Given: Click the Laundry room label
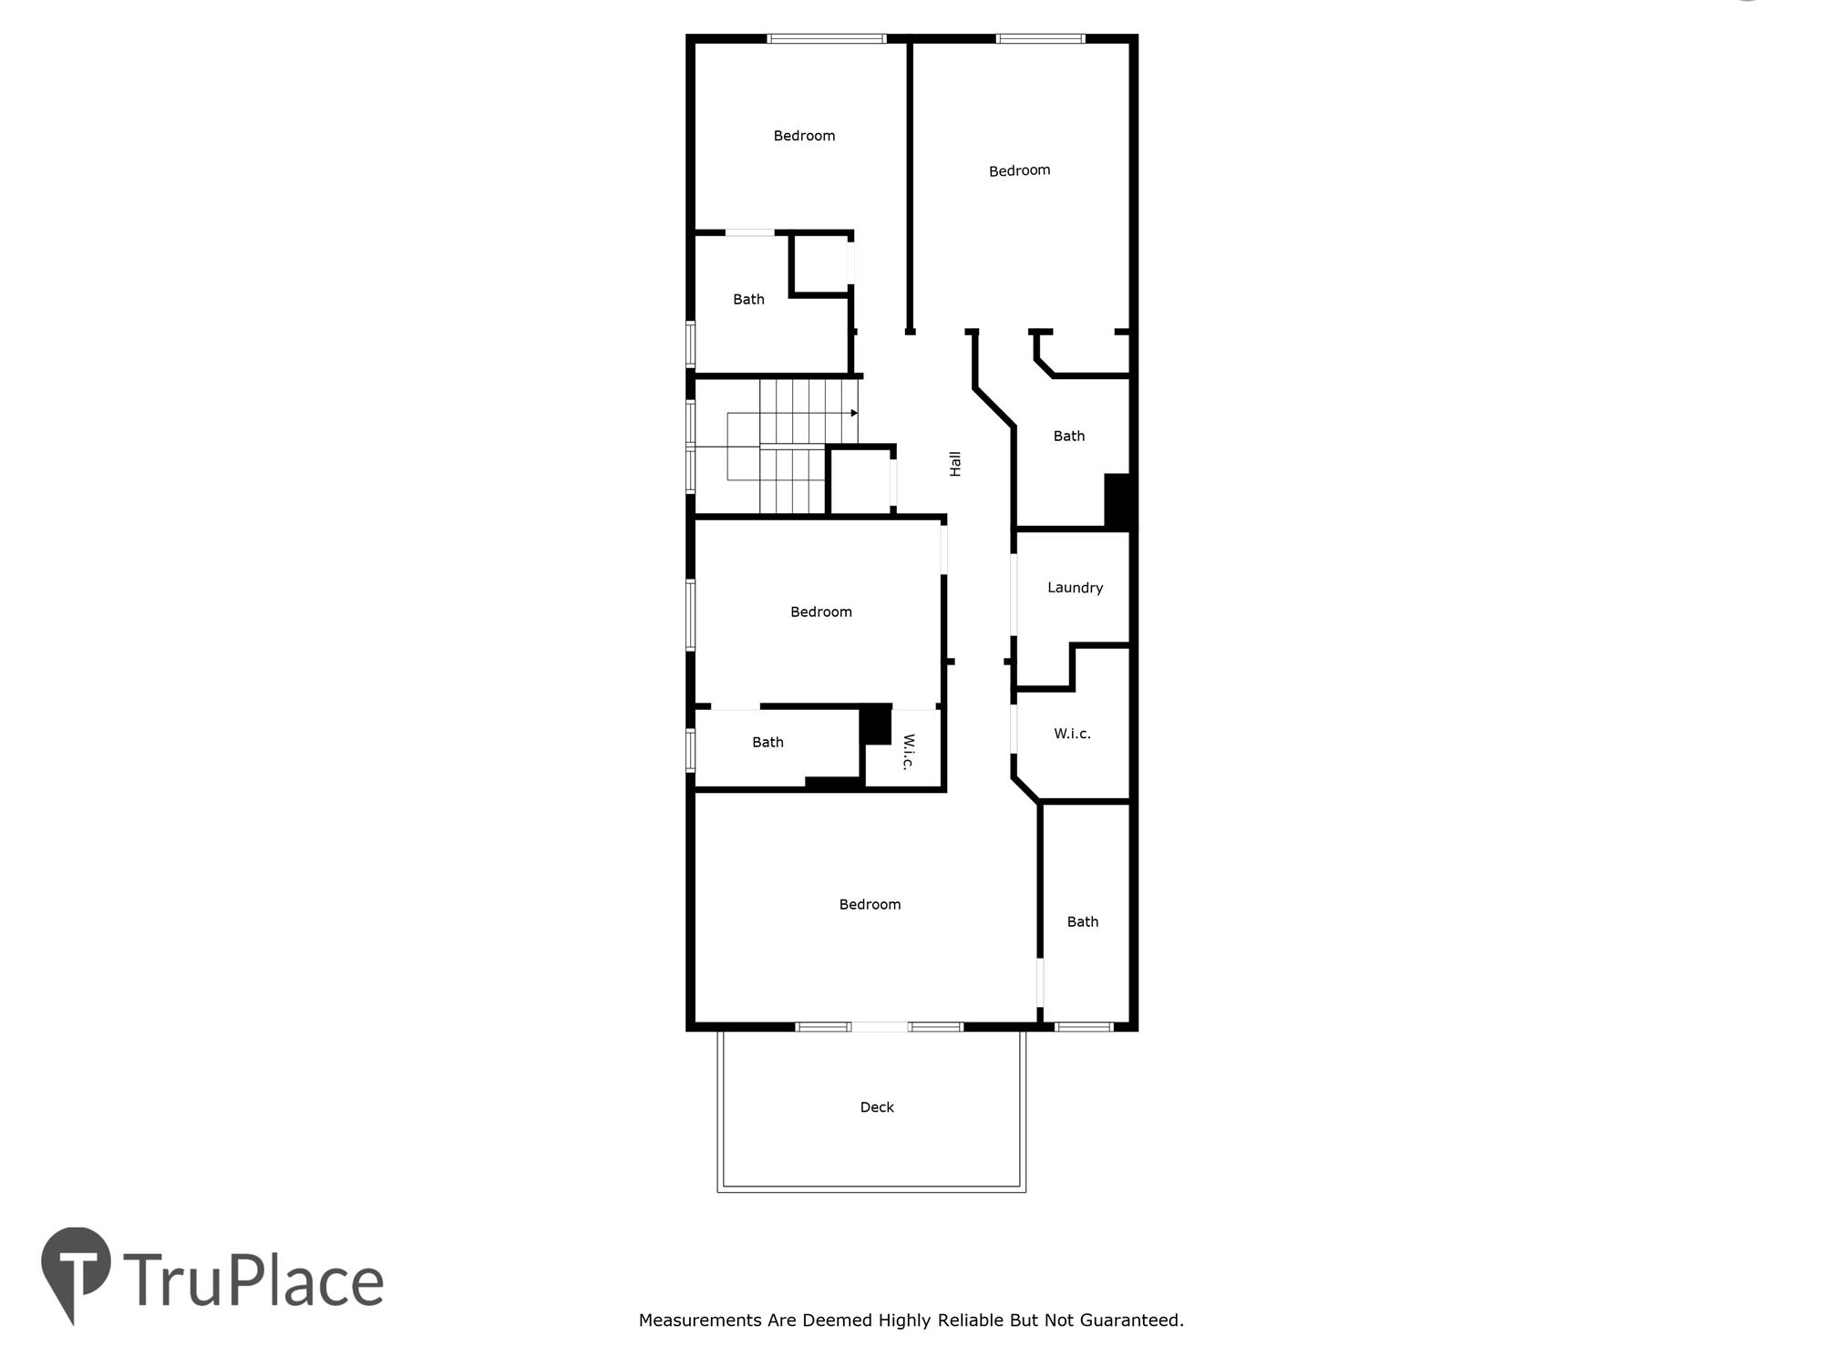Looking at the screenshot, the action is pos(1075,588).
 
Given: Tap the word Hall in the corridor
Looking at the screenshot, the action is pos(955,464).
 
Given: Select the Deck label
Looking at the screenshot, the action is pos(877,1107).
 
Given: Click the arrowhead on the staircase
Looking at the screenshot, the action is pos(854,413).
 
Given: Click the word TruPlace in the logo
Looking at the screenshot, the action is pos(253,1280).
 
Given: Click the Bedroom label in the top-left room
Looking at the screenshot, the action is pos(804,136).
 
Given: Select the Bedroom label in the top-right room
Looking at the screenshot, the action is pos(1019,170).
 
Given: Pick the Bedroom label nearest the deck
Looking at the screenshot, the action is pos(870,904).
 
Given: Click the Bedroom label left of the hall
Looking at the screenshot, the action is pos(820,612).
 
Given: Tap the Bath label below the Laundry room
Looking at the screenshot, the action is pos(1082,921).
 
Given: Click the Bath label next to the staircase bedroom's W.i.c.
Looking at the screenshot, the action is pos(767,742).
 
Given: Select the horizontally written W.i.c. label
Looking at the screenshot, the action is pos(1072,734).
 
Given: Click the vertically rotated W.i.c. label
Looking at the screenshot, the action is pos(908,752).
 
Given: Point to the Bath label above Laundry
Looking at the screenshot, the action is pos(1068,436).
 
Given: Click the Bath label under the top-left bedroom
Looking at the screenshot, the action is pos(748,299).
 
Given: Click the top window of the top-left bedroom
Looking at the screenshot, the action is pos(826,38).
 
